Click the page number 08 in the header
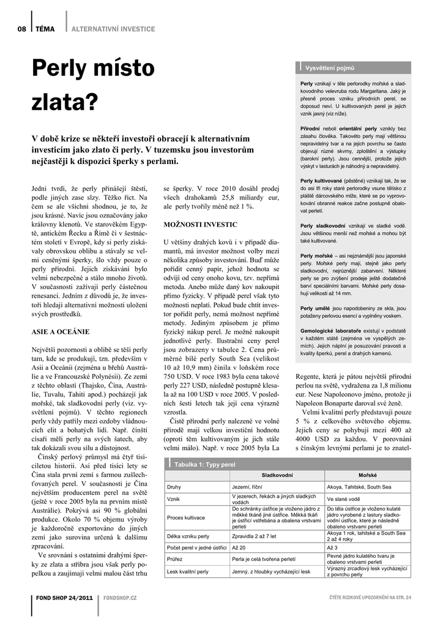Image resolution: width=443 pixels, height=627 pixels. click(21, 29)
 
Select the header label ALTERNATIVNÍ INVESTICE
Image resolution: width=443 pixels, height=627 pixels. click(113, 29)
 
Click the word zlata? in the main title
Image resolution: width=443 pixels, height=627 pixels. click(65, 102)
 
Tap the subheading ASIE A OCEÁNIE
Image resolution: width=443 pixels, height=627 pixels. click(60, 331)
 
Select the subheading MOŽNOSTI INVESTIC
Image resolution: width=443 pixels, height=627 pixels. click(196, 225)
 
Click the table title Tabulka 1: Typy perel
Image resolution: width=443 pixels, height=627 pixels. click(205, 465)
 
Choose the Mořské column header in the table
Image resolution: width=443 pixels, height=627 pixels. click(368, 475)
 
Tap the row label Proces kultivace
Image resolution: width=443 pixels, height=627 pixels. click(185, 517)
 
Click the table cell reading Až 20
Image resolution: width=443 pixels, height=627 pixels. click(239, 547)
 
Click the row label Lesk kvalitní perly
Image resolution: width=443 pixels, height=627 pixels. click(187, 571)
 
